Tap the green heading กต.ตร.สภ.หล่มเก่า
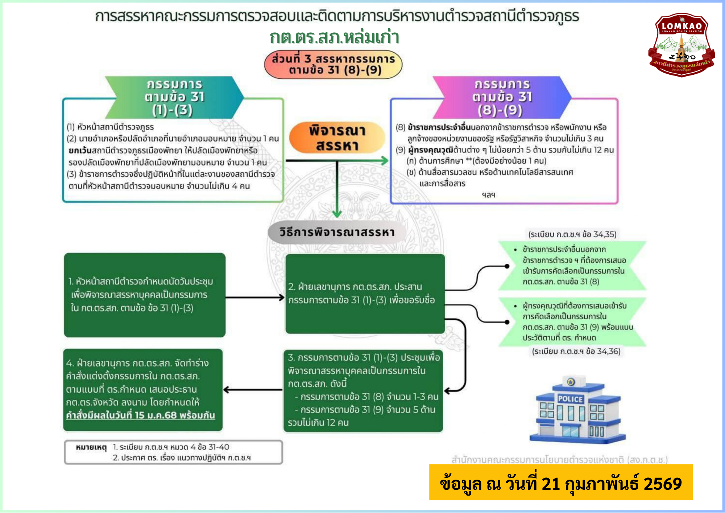(x=334, y=37)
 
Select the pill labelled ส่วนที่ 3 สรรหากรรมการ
(x=333, y=64)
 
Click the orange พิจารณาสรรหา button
(x=337, y=138)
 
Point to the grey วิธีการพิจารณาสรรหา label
(x=337, y=232)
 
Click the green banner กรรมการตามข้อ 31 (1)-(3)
(x=174, y=97)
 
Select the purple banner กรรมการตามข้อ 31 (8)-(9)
(x=502, y=97)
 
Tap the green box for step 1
(x=145, y=295)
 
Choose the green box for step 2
(x=365, y=294)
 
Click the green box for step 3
(x=363, y=390)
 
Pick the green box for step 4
(x=143, y=389)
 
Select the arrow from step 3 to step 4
(x=253, y=390)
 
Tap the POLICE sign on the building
(x=570, y=399)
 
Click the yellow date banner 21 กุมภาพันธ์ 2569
(x=560, y=483)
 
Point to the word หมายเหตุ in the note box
(x=91, y=447)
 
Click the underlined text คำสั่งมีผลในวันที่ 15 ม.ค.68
(x=140, y=415)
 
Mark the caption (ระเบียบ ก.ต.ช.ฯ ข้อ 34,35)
(x=572, y=234)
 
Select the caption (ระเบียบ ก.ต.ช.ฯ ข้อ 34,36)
(x=576, y=351)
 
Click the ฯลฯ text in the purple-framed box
(x=488, y=195)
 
